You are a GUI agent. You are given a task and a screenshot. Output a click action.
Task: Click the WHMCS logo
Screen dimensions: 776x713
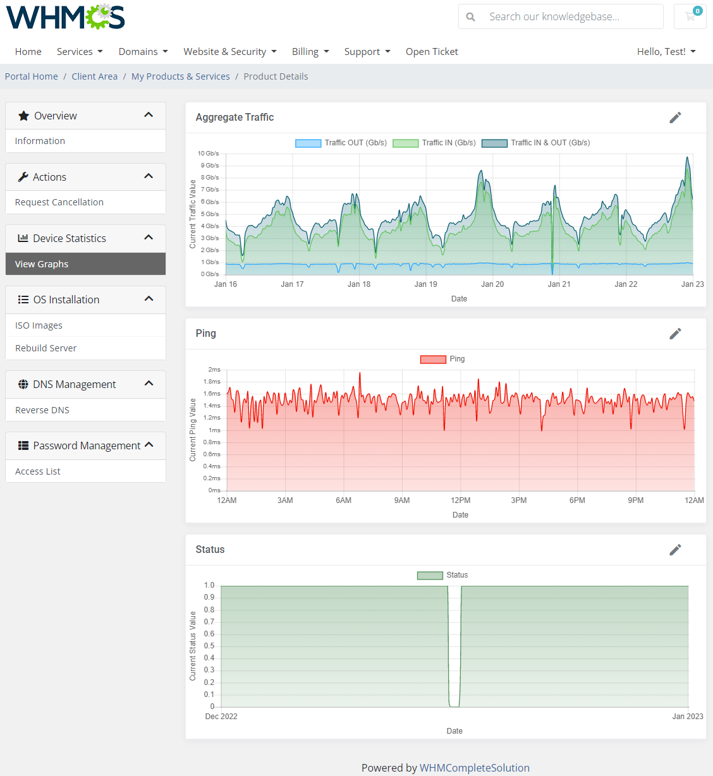click(x=65, y=17)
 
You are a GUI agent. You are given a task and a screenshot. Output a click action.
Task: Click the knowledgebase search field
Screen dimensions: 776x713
click(x=569, y=17)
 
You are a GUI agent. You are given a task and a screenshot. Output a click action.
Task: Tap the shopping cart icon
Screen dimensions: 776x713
click(x=690, y=16)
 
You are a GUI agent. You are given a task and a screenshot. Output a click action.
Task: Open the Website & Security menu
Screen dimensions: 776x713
click(x=229, y=52)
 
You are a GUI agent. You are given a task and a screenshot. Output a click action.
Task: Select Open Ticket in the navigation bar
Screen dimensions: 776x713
click(x=432, y=52)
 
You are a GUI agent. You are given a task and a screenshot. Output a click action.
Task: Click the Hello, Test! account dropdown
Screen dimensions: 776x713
click(x=666, y=52)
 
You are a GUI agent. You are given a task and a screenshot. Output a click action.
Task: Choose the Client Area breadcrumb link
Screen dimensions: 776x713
click(x=94, y=76)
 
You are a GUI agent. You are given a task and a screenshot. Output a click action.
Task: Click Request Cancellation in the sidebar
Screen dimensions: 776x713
click(x=59, y=202)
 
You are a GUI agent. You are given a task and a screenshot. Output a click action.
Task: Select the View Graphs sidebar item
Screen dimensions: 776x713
click(x=42, y=264)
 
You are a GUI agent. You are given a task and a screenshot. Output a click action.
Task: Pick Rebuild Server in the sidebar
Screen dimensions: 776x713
click(x=46, y=348)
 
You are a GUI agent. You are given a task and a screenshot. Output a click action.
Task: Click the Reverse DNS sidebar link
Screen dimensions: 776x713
click(x=42, y=410)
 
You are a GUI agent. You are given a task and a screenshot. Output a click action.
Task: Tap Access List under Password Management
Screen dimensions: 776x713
click(x=38, y=471)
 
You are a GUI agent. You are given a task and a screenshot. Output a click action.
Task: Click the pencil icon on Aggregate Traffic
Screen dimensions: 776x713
click(x=675, y=118)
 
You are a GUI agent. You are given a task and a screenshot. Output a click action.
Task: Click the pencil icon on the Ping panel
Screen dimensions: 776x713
click(x=675, y=334)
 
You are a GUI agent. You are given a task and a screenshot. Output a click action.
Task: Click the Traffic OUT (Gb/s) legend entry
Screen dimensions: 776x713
click(x=341, y=143)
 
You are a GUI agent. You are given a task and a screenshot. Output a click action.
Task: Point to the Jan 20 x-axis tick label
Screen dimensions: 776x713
click(x=492, y=284)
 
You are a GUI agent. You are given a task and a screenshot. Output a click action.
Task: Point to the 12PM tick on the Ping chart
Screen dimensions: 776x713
click(x=460, y=500)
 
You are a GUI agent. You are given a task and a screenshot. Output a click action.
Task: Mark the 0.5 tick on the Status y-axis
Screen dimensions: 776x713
click(x=209, y=646)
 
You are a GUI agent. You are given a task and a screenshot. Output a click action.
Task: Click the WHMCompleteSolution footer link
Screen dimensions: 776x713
click(x=474, y=768)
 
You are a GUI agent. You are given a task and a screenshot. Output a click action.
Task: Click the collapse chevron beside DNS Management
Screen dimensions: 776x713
click(x=149, y=384)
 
